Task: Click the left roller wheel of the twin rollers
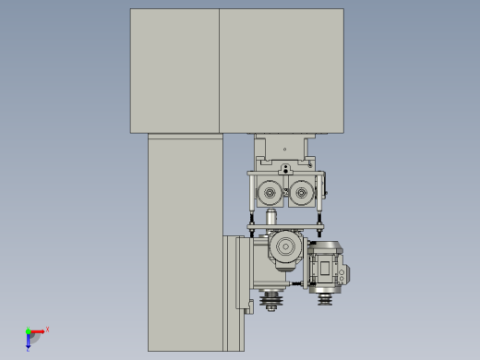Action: tap(270, 194)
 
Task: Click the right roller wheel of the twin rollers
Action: tap(299, 194)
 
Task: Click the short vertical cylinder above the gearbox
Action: tap(271, 217)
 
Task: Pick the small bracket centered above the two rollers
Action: tap(285, 168)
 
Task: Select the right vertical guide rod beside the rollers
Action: tap(319, 198)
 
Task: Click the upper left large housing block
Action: tap(174, 70)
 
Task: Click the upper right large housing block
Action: tap(281, 70)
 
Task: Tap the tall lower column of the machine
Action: tap(184, 240)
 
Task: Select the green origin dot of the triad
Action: tap(28, 330)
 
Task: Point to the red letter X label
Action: tap(47, 329)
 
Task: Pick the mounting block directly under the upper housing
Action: tap(284, 146)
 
